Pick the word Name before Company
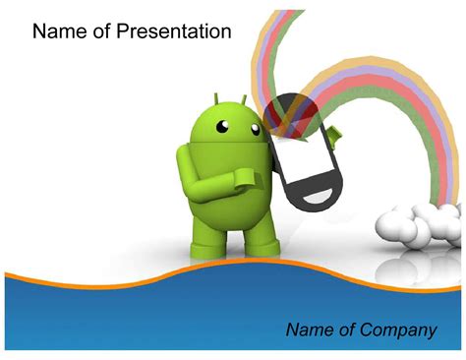(310, 330)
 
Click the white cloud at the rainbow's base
(413, 223)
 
